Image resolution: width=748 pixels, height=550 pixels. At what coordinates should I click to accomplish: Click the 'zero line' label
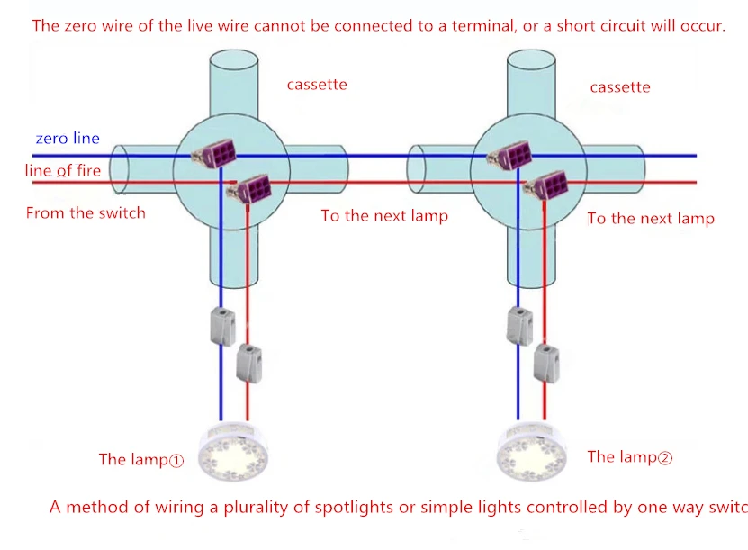click(68, 139)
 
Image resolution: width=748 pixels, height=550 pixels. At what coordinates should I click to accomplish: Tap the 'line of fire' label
click(63, 170)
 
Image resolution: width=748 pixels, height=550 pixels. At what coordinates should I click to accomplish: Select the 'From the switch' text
click(86, 212)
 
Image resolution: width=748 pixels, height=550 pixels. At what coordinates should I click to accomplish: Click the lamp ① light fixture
click(233, 452)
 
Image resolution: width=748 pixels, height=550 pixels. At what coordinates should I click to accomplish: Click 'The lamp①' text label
click(141, 459)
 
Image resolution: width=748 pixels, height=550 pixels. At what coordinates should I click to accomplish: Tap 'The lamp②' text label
click(630, 457)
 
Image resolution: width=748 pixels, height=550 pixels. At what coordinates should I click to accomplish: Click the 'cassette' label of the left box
click(317, 85)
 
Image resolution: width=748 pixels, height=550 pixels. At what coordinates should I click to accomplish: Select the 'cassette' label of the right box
click(620, 87)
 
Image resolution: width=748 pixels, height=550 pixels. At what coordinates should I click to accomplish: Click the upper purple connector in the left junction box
click(214, 153)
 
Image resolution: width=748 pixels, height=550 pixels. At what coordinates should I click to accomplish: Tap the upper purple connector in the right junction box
click(510, 154)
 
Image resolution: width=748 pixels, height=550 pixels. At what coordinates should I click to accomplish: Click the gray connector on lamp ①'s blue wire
click(222, 327)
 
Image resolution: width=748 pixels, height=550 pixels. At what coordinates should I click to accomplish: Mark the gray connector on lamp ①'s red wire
click(249, 364)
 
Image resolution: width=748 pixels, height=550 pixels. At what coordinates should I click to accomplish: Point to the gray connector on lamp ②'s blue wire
click(520, 326)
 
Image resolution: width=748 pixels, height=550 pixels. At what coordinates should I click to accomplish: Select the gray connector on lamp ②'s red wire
click(546, 364)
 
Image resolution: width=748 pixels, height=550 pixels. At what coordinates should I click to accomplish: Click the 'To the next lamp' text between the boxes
click(384, 216)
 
